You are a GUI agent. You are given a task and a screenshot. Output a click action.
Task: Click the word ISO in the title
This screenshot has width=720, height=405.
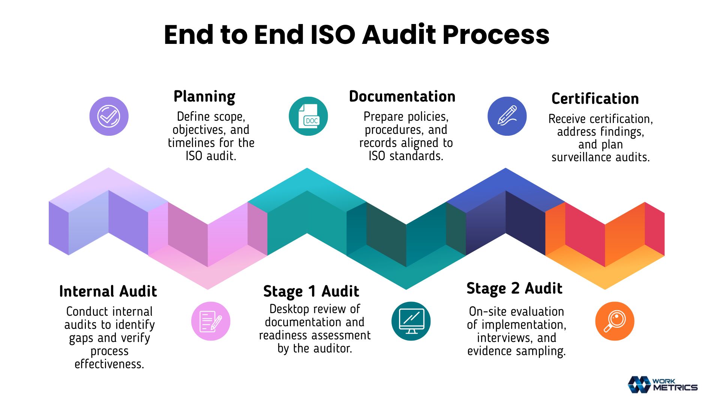[333, 35]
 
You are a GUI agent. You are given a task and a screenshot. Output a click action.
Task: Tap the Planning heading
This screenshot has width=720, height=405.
[204, 97]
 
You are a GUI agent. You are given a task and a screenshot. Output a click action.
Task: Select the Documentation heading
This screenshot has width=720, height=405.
[402, 96]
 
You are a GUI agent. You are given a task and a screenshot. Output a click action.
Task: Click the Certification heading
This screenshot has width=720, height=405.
[595, 99]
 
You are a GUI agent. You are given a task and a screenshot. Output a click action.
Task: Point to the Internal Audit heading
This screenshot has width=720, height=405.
[108, 291]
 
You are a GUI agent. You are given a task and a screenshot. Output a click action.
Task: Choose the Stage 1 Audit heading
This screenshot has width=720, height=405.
[311, 292]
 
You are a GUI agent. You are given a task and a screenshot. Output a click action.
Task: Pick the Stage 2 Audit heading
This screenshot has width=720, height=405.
[514, 289]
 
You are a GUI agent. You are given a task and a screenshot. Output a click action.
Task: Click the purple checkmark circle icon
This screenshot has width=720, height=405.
[109, 116]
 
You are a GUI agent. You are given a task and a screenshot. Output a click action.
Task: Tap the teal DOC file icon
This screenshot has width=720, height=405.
[308, 116]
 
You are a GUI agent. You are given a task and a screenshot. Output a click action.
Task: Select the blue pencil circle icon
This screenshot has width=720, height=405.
[507, 116]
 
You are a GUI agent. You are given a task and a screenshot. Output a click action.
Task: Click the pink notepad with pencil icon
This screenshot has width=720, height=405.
[211, 321]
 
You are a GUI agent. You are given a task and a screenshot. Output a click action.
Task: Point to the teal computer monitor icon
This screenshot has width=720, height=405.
[411, 321]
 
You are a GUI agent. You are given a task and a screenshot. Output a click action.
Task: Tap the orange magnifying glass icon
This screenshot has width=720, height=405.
[615, 321]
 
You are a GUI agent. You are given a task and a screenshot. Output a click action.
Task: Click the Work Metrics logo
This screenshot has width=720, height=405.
[663, 385]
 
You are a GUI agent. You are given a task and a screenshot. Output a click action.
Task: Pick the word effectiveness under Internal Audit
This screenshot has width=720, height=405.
[109, 364]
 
